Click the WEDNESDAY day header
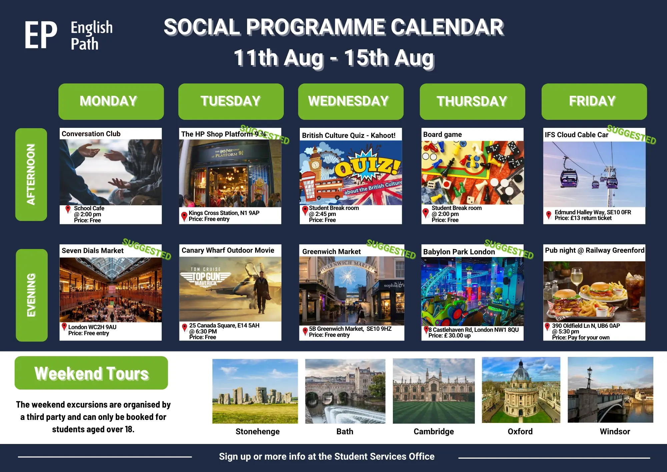351,101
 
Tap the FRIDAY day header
594,101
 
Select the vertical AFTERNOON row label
31,174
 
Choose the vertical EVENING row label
31,295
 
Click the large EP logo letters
41,35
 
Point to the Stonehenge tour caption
257,432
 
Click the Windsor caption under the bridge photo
615,432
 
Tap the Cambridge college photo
434,391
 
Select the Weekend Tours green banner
91,373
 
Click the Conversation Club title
91,134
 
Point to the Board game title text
443,135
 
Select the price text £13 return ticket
583,218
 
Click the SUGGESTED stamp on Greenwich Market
391,249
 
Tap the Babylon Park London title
459,252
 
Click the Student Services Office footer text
384,456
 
